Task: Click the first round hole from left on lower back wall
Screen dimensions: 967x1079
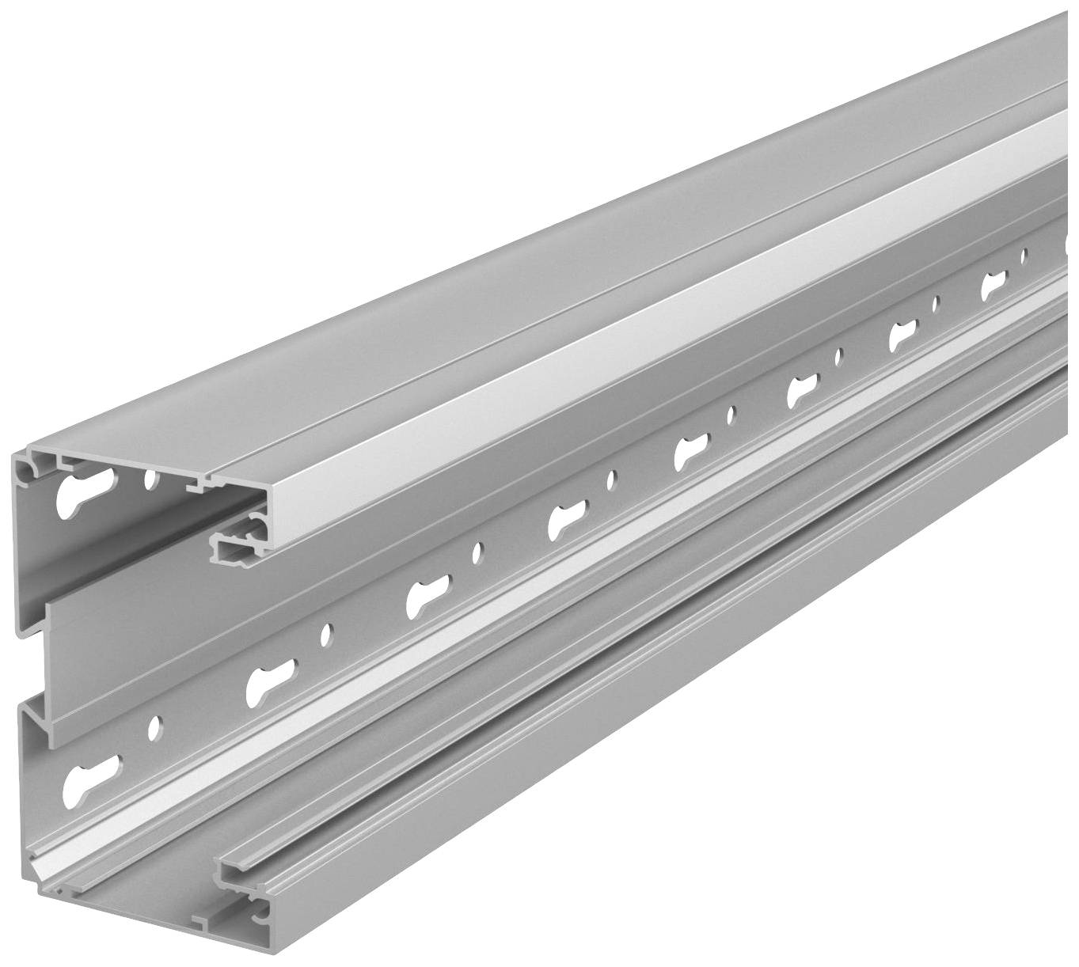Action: [x=155, y=724]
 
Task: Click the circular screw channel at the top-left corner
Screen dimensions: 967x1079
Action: [x=28, y=471]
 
